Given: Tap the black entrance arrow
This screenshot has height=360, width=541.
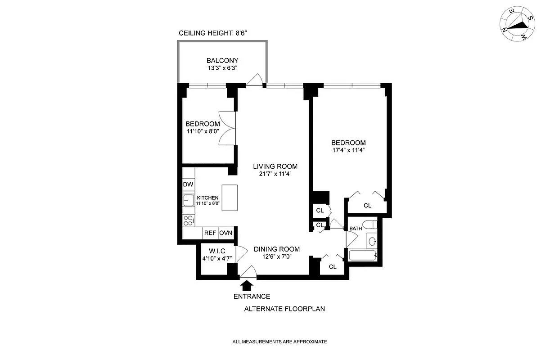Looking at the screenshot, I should (246, 285).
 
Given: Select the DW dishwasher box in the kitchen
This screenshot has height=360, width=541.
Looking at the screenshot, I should (188, 185).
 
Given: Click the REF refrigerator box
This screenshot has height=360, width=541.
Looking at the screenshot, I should (210, 233).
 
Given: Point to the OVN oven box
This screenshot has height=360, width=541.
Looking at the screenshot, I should (225, 233).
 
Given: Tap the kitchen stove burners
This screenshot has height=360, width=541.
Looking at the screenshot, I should (188, 220).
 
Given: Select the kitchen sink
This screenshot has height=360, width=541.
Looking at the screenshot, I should (188, 201).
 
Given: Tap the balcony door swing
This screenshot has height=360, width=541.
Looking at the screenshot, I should (255, 80).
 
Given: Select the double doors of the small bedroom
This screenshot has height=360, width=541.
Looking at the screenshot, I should (227, 128).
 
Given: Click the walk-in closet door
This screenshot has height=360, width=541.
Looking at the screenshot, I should (241, 254).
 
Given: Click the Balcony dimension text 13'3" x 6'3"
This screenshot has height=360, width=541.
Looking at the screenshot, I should (222, 68).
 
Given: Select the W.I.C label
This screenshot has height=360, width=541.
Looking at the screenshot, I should (216, 251).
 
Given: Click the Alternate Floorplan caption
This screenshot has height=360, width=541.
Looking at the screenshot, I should (284, 309).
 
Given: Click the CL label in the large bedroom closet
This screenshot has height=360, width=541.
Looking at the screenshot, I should (367, 206).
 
